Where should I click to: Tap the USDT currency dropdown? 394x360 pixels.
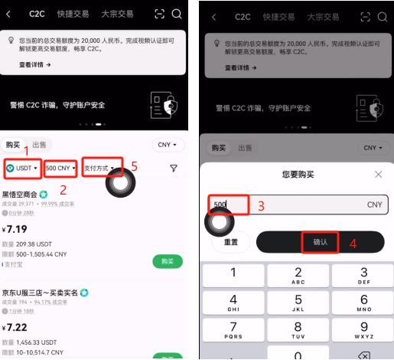click(x=23, y=168)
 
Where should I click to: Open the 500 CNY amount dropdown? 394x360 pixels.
click(x=60, y=168)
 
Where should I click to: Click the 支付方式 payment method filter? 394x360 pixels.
click(x=103, y=168)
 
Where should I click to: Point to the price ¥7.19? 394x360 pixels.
click(x=16, y=229)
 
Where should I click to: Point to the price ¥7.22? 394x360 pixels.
click(x=16, y=327)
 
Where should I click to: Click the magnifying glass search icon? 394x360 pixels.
click(x=177, y=14)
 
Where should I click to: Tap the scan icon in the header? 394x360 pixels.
click(x=159, y=14)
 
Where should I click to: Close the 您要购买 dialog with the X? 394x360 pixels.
click(x=378, y=175)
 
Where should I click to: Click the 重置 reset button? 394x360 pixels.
click(x=231, y=241)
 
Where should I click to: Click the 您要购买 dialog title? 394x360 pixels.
click(x=299, y=175)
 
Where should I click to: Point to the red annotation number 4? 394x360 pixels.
click(x=353, y=244)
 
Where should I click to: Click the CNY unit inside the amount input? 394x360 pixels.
click(x=374, y=205)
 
